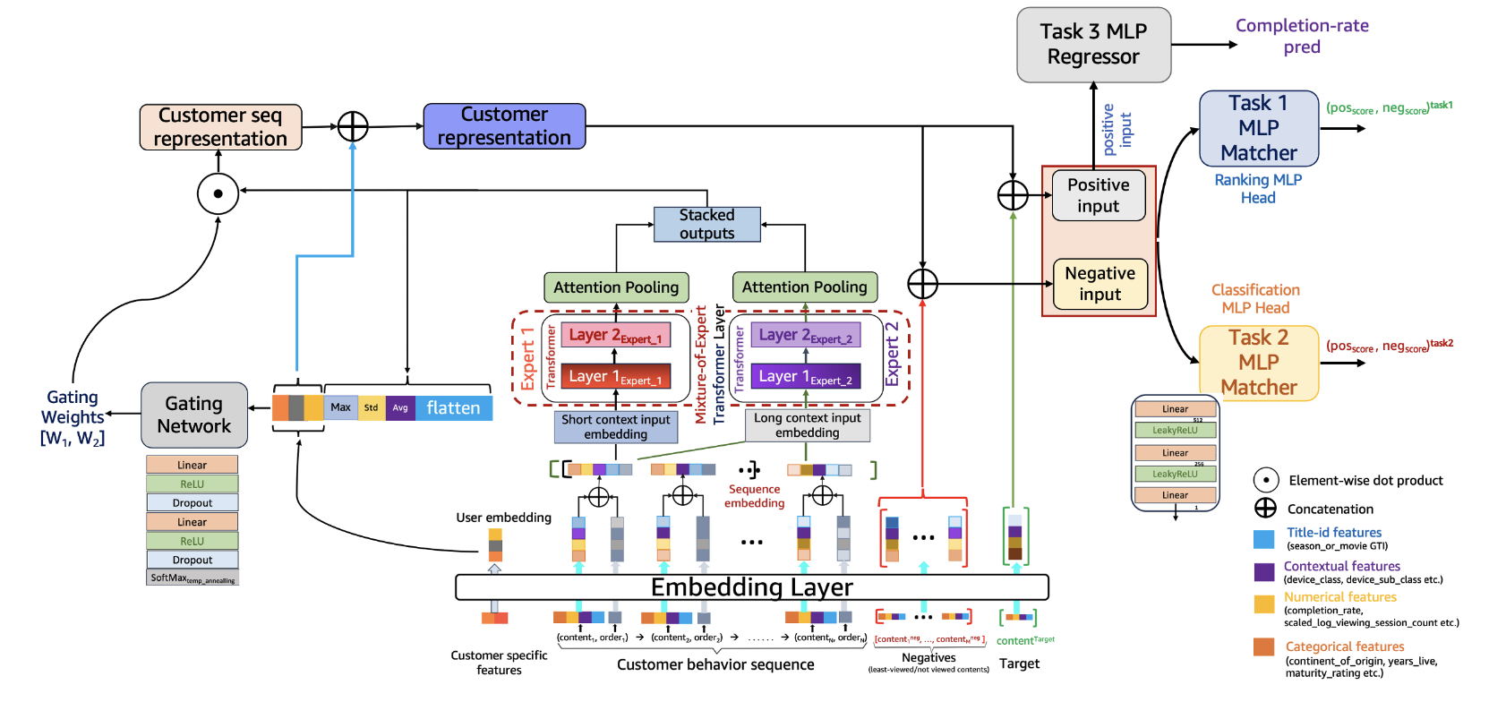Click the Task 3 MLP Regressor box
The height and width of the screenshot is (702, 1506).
click(1093, 45)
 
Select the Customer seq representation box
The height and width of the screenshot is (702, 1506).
click(220, 127)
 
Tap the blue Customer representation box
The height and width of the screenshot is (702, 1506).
click(504, 126)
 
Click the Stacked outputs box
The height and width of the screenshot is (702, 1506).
click(706, 224)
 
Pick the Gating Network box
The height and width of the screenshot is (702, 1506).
click(193, 415)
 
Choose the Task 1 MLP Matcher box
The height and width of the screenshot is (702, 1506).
click(1258, 128)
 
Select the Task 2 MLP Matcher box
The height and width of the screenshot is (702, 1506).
click(1258, 363)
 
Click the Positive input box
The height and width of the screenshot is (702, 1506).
click(1098, 195)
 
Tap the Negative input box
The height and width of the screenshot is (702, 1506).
click(1100, 284)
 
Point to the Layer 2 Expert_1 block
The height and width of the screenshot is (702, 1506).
click(615, 336)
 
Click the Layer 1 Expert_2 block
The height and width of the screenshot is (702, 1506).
click(805, 377)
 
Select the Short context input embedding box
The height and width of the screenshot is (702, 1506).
click(615, 426)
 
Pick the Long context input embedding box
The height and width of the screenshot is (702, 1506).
click(807, 425)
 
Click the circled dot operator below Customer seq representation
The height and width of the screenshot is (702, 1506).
click(218, 193)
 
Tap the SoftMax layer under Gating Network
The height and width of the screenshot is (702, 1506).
click(193, 578)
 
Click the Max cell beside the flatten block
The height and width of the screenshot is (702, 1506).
click(340, 407)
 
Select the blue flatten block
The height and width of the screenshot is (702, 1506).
click(453, 408)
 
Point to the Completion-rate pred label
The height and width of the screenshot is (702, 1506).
click(1302, 36)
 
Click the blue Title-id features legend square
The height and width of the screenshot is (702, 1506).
click(1263, 539)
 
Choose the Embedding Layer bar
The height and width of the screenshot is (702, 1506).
click(751, 587)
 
